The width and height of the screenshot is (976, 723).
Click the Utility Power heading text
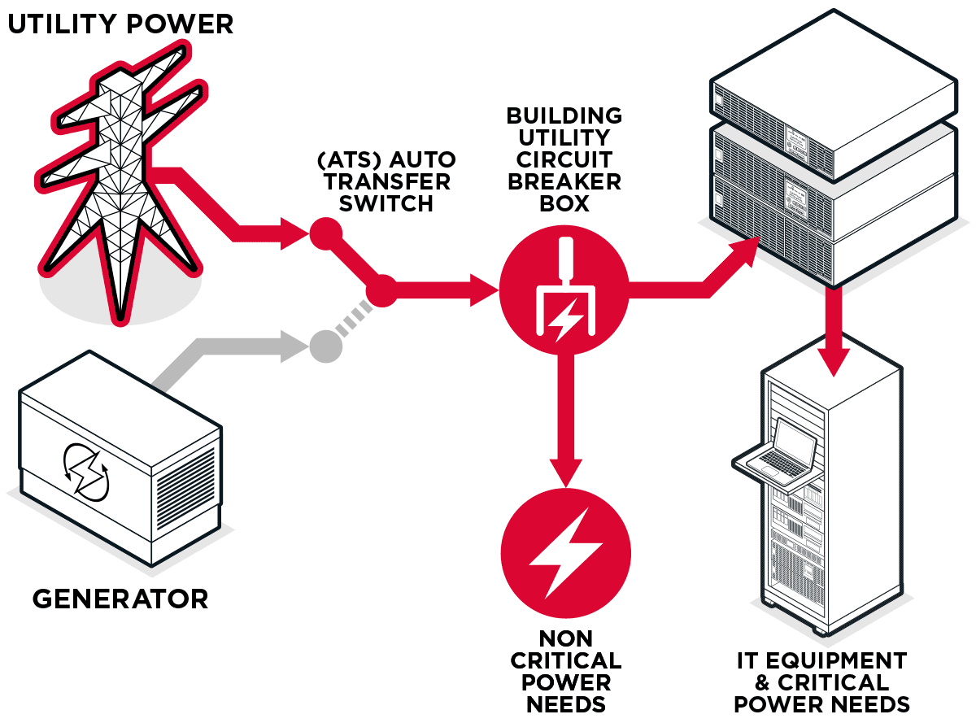click(x=120, y=24)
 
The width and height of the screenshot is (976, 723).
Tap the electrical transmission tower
click(x=120, y=187)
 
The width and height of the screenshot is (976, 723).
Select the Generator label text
click(x=120, y=600)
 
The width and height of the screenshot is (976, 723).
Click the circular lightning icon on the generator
click(x=85, y=470)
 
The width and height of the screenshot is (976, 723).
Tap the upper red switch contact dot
click(x=325, y=234)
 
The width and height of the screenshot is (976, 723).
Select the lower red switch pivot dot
click(x=381, y=290)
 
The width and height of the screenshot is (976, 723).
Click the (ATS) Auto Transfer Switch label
click(x=386, y=181)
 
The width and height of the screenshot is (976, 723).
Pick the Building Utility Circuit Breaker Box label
click(x=564, y=159)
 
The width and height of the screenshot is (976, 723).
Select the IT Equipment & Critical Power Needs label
click(x=821, y=682)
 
